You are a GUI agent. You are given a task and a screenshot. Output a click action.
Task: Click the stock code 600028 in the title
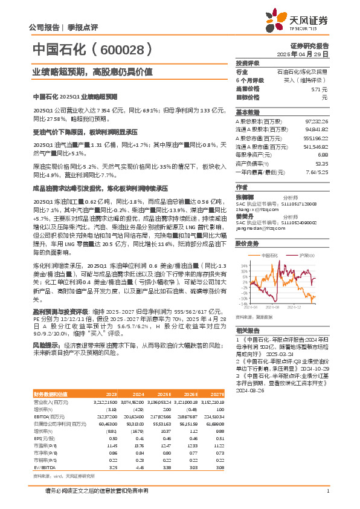pyautogui.click(x=126, y=49)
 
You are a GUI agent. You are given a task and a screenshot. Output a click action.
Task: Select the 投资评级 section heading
pyautogui.click(x=247, y=63)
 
